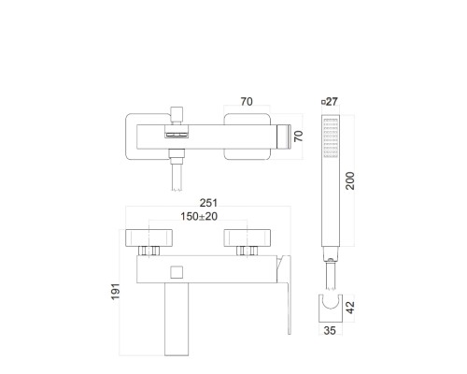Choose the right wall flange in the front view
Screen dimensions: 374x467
click(x=247, y=237)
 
